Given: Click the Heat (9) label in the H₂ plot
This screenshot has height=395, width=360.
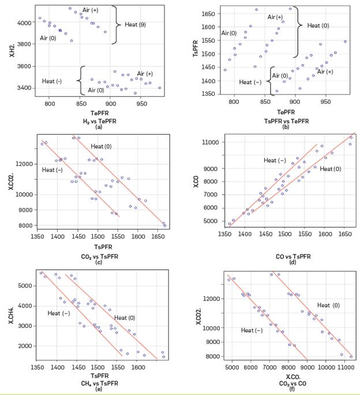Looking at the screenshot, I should (135, 24).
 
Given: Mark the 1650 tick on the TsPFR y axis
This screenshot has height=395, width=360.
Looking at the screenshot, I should (207, 13).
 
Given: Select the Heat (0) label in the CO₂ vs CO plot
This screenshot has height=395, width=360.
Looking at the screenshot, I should (328, 305).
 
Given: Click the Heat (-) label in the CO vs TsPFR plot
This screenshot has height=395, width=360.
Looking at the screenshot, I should (275, 160).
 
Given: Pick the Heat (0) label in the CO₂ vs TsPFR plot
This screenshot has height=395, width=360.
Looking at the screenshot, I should (102, 146).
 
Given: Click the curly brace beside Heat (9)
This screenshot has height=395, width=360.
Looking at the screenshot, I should (115, 24).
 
